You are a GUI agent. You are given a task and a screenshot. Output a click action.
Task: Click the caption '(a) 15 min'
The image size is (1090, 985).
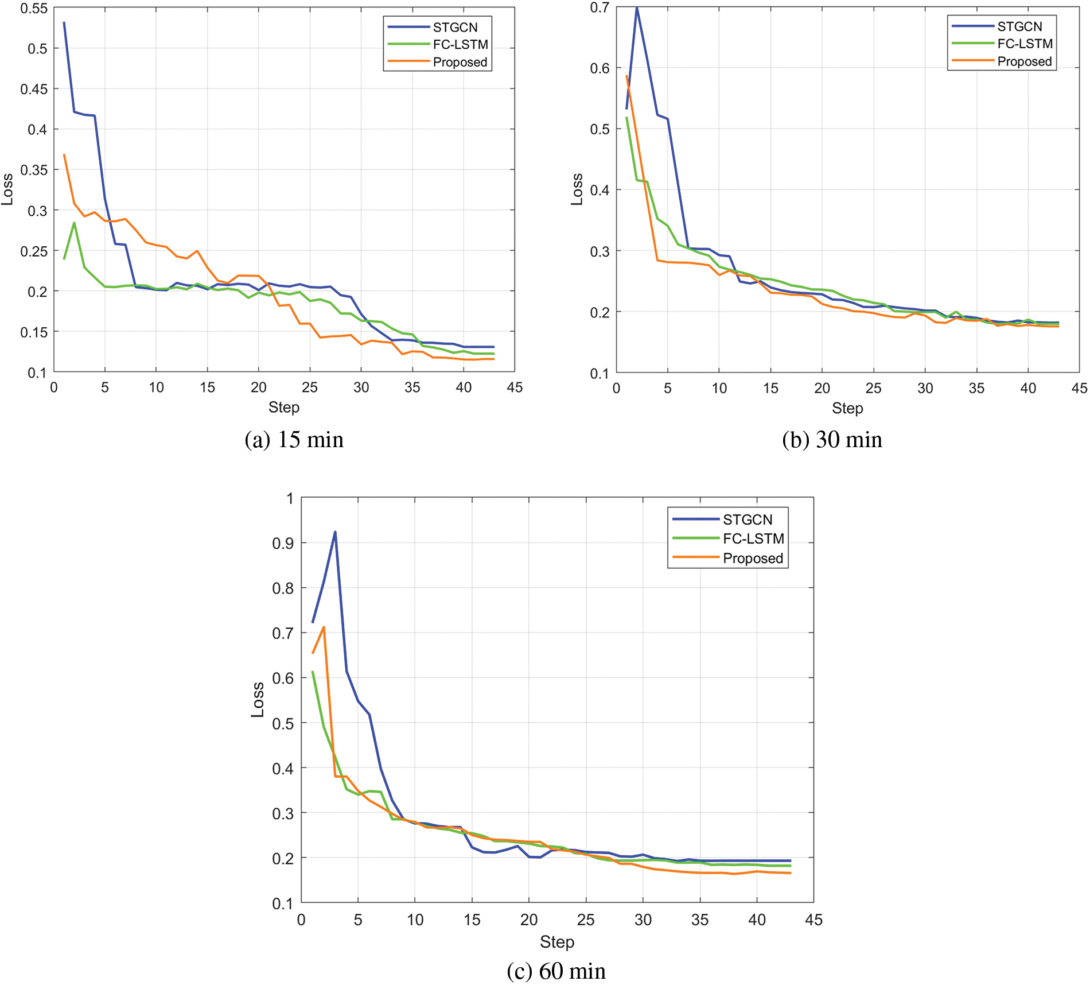click(x=294, y=440)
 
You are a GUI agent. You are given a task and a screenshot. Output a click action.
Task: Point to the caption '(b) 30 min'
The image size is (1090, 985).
click(x=832, y=440)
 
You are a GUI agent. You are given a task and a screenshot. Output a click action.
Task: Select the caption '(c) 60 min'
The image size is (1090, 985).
click(x=556, y=971)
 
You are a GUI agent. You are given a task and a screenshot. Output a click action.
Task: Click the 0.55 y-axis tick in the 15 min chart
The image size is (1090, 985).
click(x=34, y=9)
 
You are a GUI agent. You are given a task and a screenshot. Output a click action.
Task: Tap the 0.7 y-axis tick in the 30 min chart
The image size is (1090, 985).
click(x=599, y=8)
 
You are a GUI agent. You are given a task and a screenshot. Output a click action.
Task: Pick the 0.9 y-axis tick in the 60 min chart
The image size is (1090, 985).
click(x=282, y=543)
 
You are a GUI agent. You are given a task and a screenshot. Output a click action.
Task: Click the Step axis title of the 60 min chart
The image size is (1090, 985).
click(x=556, y=942)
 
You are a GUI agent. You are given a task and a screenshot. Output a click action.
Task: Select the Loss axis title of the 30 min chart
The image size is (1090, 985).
click(x=577, y=189)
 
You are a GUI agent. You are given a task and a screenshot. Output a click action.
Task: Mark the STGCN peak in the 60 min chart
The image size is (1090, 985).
click(x=335, y=532)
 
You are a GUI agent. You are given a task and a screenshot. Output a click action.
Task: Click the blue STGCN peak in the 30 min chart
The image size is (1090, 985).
click(x=637, y=8)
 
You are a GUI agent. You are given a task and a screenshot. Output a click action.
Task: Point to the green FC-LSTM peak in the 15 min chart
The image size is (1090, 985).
click(x=74, y=223)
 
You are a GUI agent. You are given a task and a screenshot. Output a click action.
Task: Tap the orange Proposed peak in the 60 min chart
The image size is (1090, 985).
click(x=324, y=627)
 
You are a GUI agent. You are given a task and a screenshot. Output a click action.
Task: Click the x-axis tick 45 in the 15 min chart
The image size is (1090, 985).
click(x=515, y=387)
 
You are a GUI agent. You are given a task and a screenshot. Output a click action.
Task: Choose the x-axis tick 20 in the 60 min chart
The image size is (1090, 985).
click(x=528, y=920)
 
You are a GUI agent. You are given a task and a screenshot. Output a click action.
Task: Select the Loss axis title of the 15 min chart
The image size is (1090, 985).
click(x=7, y=189)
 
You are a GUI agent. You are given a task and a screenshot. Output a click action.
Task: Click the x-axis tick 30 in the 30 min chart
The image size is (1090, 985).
click(x=925, y=389)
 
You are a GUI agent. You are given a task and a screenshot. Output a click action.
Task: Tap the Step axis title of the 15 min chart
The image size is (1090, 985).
click(x=283, y=408)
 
